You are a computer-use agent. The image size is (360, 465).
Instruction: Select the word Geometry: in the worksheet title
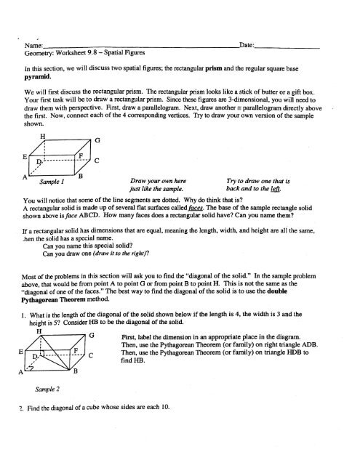point(41,53)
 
